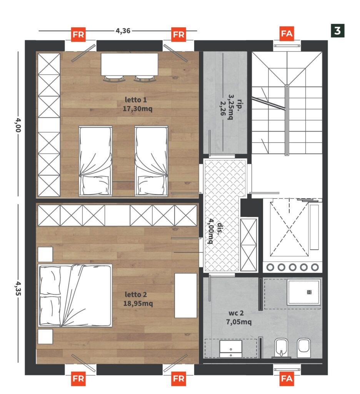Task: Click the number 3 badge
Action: pyautogui.click(x=337, y=31)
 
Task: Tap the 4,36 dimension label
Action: pyautogui.click(x=123, y=31)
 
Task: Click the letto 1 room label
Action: pyautogui.click(x=136, y=100)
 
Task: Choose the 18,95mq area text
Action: pyautogui.click(x=138, y=304)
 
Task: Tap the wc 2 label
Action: pyautogui.click(x=236, y=313)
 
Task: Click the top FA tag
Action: pyautogui.click(x=287, y=33)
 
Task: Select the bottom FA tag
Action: pyautogui.click(x=287, y=379)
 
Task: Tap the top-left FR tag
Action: pyautogui.click(x=78, y=34)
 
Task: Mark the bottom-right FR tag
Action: pyautogui.click(x=179, y=379)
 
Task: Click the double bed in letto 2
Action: pyautogui.click(x=75, y=295)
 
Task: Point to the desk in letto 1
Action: pyautogui.click(x=129, y=64)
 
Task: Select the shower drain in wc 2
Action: pyautogui.click(x=309, y=292)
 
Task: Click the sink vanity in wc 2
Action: pyautogui.click(x=231, y=349)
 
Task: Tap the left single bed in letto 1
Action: pyautogui.click(x=95, y=161)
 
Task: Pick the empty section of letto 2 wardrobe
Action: pyautogui.click(x=117, y=215)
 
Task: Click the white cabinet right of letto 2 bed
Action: pyautogui.click(x=186, y=295)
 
